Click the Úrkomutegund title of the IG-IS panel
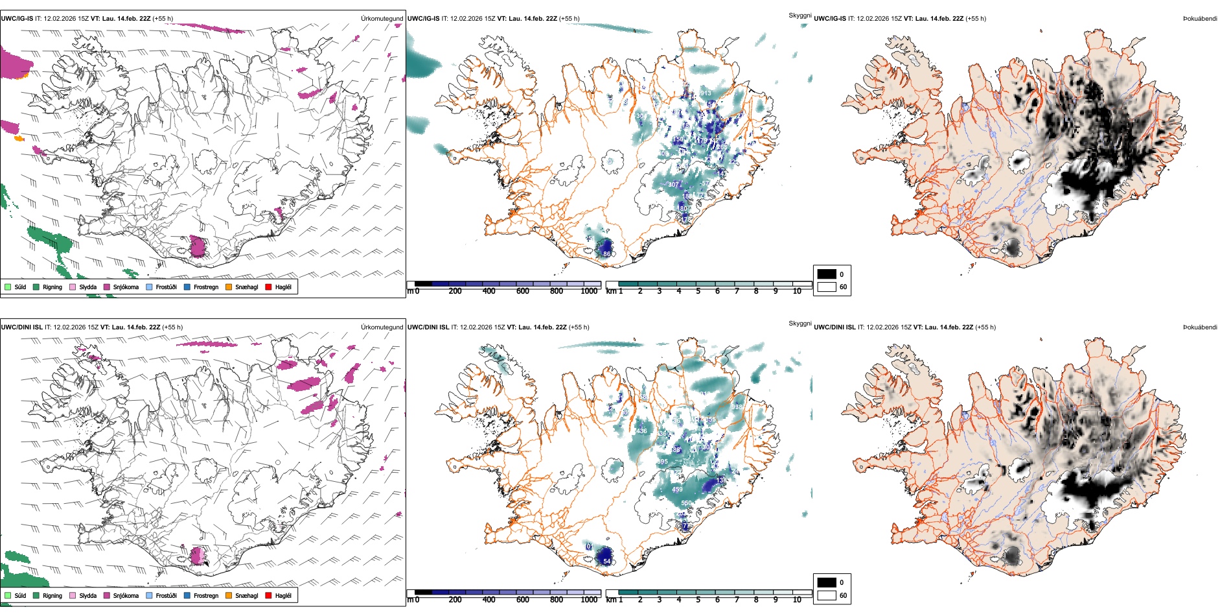382,19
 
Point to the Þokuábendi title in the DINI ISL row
1200,327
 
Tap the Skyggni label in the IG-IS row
800,15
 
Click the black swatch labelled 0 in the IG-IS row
827,274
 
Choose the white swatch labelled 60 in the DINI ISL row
827,595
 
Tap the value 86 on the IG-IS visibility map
607,254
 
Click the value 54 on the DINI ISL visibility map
607,562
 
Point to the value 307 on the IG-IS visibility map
674,185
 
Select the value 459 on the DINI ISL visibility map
678,490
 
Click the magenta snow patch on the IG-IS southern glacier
198,247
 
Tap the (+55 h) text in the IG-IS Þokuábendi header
976,19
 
